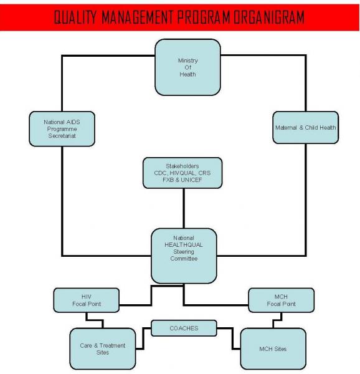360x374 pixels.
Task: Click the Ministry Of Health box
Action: point(187,67)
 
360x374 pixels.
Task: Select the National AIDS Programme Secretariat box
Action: point(62,129)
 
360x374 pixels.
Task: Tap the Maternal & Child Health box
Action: point(306,127)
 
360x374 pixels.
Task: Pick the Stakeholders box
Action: point(182,173)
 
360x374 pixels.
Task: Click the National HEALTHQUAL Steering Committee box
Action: point(184,256)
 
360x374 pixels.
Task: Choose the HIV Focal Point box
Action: point(86,300)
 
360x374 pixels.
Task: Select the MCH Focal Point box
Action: point(281,300)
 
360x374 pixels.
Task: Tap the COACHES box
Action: point(184,328)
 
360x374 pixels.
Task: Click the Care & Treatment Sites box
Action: point(103,348)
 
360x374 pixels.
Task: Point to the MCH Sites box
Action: point(273,348)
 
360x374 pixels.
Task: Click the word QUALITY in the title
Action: point(75,17)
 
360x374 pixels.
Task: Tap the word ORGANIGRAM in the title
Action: point(269,17)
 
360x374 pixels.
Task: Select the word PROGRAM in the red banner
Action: point(204,17)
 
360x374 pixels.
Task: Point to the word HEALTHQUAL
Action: point(184,245)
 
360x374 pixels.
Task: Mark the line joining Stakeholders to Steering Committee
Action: point(184,208)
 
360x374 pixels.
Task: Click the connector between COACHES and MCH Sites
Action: point(232,338)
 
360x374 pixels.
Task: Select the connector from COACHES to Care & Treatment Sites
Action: point(143,338)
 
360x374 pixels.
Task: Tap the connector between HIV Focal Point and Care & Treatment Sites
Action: point(95,320)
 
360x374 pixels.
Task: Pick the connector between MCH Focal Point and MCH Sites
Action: point(278,320)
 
